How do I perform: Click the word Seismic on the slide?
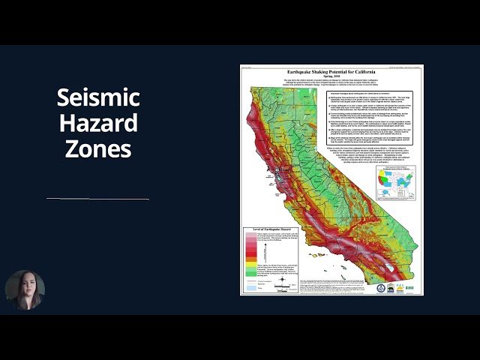pos(98,97)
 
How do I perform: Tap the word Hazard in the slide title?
pos(98,122)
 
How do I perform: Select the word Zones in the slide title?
pos(98,148)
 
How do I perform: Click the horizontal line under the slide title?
pos(97,199)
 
